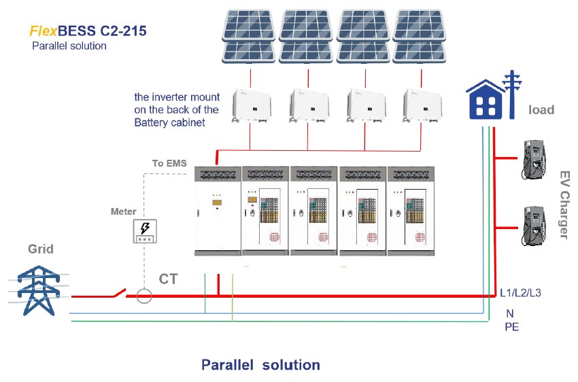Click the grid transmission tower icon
(38, 290)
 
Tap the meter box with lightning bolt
(145, 231)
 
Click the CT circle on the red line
(144, 296)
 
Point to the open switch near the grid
(120, 293)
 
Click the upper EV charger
(534, 159)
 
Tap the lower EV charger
(534, 226)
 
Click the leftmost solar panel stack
(249, 36)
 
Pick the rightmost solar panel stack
(420, 36)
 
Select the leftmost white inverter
(252, 105)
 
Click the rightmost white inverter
(422, 105)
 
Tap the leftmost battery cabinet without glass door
(218, 211)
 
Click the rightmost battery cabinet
(411, 211)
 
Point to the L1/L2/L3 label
(520, 293)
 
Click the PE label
(511, 327)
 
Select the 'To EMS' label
(169, 163)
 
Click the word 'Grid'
(41, 249)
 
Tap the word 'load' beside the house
(541, 110)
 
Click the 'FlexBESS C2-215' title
(88, 31)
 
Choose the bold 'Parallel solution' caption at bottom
(260, 365)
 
